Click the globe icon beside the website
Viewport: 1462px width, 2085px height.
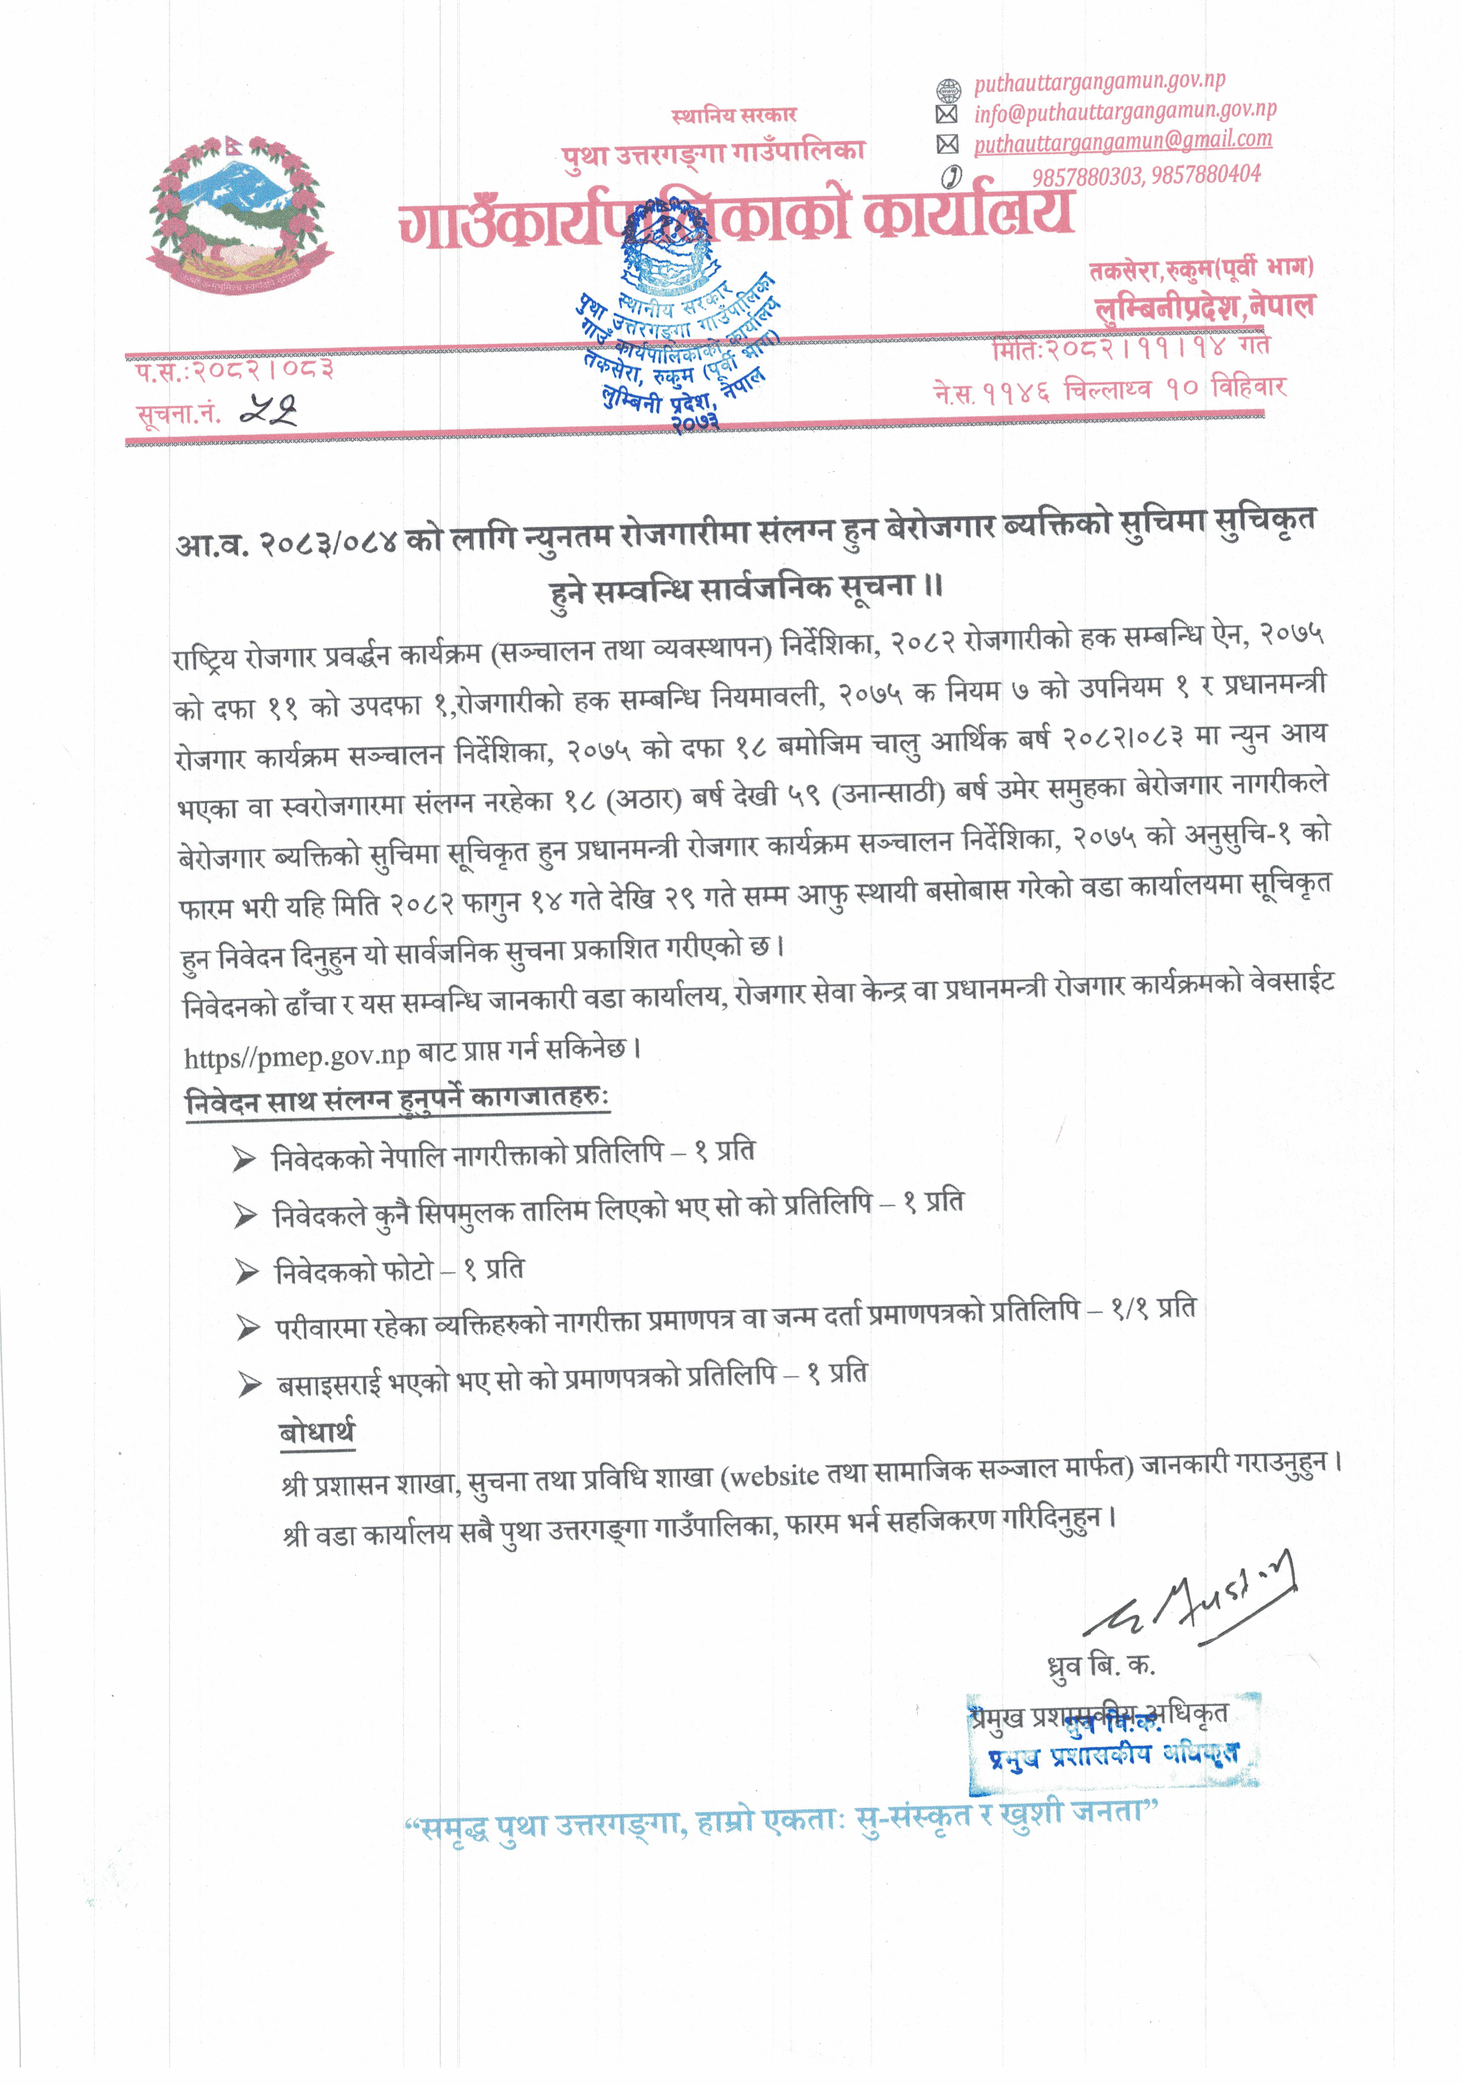pos(947,89)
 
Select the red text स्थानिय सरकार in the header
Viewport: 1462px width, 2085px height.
pos(734,115)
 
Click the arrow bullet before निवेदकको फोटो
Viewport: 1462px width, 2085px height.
pos(246,1272)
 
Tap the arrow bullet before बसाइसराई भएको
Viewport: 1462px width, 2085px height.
pos(249,1385)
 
